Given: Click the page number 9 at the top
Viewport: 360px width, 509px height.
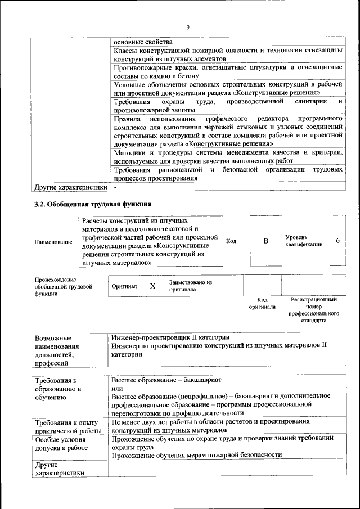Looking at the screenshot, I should [188, 26].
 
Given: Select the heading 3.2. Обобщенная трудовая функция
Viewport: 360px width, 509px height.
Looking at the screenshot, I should [93, 204].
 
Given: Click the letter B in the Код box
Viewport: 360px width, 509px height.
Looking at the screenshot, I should [265, 241].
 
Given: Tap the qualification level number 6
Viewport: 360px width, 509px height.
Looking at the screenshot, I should [337, 241].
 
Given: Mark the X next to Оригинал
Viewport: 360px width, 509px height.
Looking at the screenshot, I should [152, 286].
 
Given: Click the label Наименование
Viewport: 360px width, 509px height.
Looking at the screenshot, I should [53, 242].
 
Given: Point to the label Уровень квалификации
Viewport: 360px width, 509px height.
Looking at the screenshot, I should [304, 241].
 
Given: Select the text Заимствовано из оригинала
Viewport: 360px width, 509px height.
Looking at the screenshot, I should [190, 286].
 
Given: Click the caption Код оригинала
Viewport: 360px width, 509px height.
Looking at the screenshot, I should [262, 304].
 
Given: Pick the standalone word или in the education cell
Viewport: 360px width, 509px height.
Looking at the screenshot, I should [117, 389].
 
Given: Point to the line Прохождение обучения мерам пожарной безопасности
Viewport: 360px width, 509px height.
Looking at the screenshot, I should [196, 454].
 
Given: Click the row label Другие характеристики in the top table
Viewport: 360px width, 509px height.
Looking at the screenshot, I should [70, 186].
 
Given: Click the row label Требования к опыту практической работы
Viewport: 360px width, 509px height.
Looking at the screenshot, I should [66, 426].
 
